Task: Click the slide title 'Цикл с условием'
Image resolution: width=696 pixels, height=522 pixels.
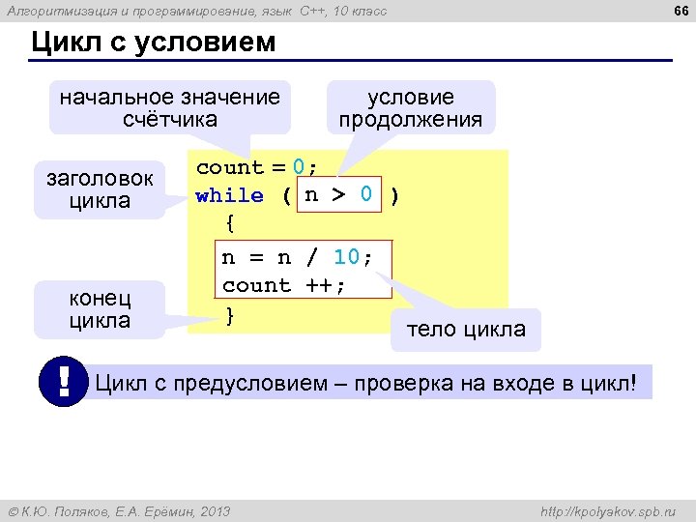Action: (x=154, y=43)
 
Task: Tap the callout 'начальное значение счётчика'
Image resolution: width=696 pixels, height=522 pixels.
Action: (x=170, y=107)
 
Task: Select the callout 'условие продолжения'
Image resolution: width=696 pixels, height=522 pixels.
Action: (x=411, y=107)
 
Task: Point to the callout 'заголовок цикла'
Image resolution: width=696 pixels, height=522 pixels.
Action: (x=100, y=189)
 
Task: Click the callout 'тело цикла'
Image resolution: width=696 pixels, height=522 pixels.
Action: (x=466, y=329)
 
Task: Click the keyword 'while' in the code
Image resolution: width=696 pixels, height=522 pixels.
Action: (x=229, y=195)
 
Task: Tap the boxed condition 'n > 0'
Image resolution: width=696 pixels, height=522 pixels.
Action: (x=338, y=194)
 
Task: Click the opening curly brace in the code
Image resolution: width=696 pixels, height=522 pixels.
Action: (x=229, y=224)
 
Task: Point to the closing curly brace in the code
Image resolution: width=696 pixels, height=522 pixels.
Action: (x=229, y=314)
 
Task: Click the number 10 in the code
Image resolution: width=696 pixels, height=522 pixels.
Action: (x=346, y=256)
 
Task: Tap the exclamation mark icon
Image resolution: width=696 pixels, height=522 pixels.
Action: (x=64, y=383)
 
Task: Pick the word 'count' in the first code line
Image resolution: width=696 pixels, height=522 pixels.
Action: (x=229, y=167)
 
